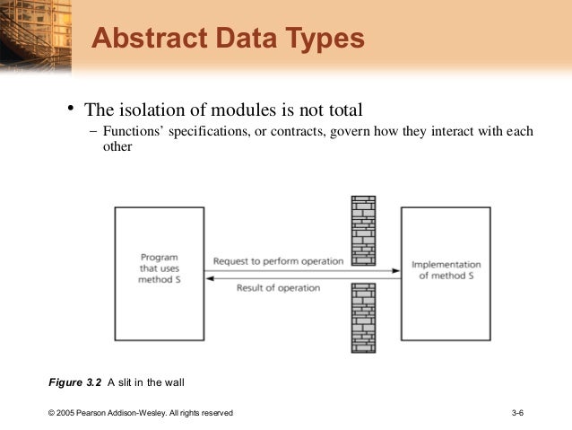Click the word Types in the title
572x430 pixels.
click(321, 39)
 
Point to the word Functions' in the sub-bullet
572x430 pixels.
click(133, 132)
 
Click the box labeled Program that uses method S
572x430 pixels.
click(159, 273)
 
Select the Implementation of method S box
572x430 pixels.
click(446, 273)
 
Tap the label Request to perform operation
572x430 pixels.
click(278, 261)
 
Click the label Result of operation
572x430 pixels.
click(279, 287)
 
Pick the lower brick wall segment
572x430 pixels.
click(362, 318)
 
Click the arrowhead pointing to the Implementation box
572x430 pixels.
click(395, 270)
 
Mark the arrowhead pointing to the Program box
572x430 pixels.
click(209, 278)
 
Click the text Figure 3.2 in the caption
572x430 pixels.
click(75, 384)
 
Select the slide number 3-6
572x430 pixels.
click(517, 413)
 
